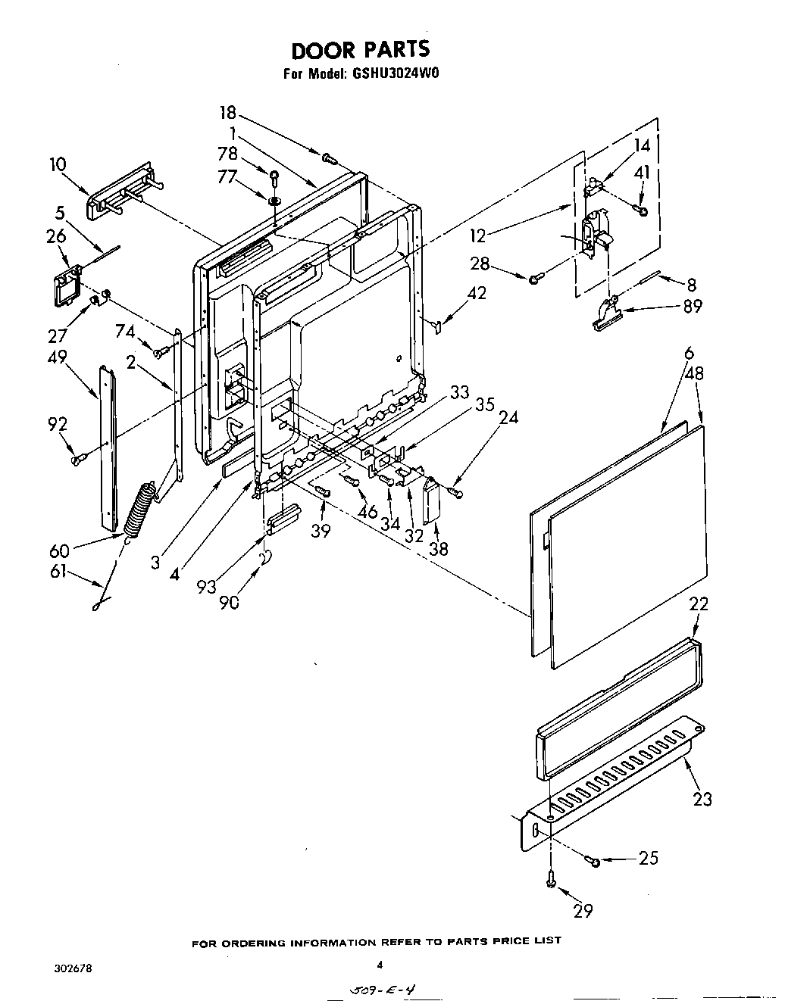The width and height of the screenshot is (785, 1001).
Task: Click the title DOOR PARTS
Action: click(360, 50)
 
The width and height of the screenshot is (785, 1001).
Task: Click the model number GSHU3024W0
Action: click(396, 74)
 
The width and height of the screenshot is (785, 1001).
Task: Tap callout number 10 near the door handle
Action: click(58, 164)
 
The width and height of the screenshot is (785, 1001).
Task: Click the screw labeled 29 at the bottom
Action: click(552, 880)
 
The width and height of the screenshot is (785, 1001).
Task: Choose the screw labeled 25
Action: click(595, 861)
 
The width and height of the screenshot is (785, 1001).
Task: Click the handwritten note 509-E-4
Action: click(382, 988)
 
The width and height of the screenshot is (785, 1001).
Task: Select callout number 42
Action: click(477, 293)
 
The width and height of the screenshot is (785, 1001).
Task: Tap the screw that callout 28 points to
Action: click(535, 279)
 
